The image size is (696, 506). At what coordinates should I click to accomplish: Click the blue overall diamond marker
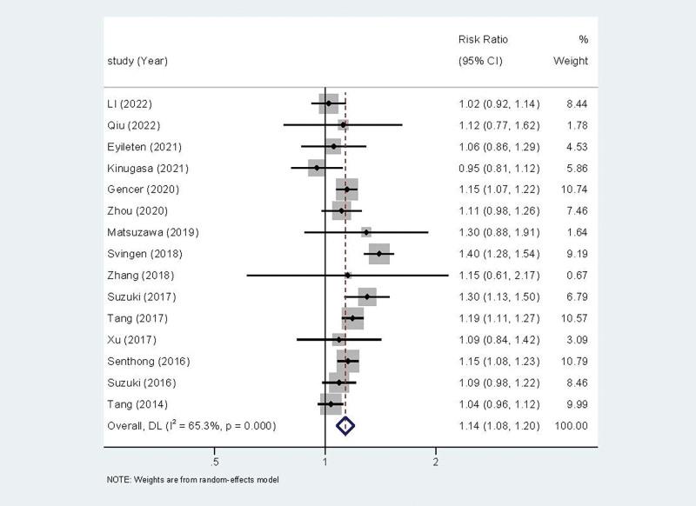346,426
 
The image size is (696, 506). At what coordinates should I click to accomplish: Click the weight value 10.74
574,190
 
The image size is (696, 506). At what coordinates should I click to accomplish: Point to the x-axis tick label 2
436,460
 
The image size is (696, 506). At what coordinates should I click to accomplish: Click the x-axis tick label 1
325,460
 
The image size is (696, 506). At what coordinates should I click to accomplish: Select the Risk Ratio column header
483,40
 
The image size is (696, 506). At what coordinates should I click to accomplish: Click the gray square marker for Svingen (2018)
379,254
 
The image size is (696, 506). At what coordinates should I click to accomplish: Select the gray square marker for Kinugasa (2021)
317,168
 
